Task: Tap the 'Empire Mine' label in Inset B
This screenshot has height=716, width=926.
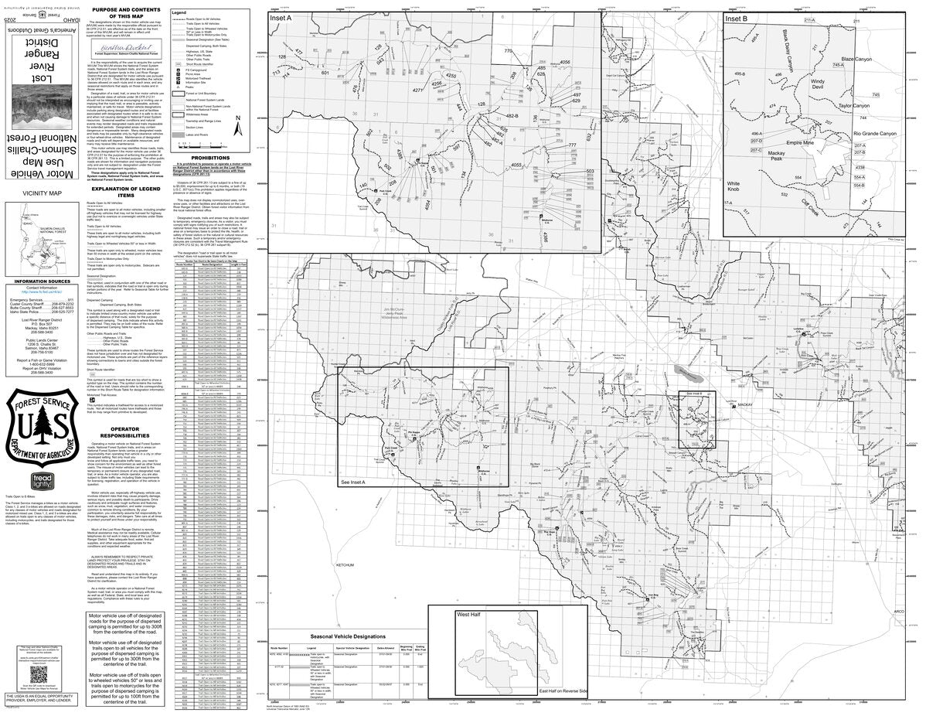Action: click(x=803, y=143)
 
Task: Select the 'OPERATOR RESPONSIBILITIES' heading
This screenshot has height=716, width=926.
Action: click(x=125, y=431)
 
